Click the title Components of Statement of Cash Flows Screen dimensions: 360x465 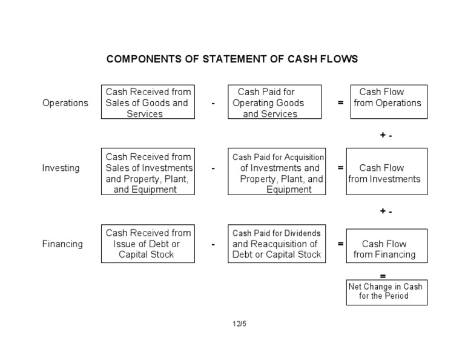pos(232,59)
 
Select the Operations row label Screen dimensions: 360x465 pos(65,103)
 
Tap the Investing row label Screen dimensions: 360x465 pos(61,168)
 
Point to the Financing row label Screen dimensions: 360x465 pos(62,244)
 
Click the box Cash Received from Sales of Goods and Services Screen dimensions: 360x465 pos(148,102)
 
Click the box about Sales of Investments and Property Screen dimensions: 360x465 pos(148,173)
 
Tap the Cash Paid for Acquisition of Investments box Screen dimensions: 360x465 pos(277,173)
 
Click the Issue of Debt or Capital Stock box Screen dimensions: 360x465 pos(148,244)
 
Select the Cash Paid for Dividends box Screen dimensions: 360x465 pos(277,244)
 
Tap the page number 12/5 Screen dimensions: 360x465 pos(239,324)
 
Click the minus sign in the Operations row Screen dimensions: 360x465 pos(213,104)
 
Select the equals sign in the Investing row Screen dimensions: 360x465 pos(340,168)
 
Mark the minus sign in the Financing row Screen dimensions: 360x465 pos(213,244)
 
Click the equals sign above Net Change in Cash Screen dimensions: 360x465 pos(382,276)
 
